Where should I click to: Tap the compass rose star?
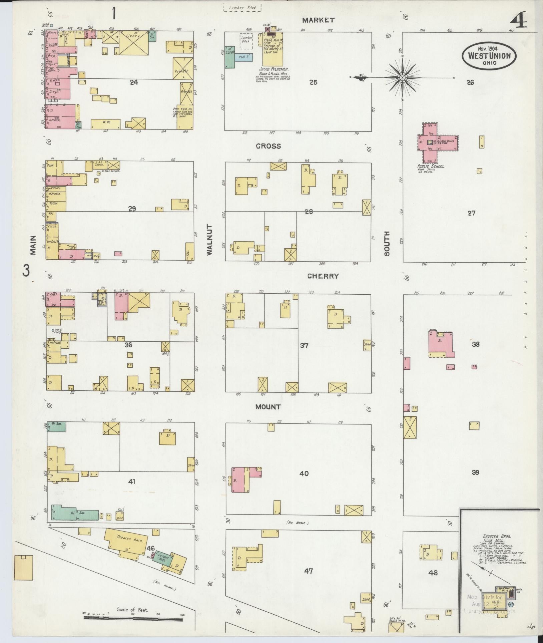click(402, 78)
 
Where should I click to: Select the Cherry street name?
click(323, 276)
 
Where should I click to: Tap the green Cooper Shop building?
click(163, 559)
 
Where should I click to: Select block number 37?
click(304, 345)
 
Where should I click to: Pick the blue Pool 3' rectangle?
click(244, 57)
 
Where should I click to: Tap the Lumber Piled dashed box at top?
click(242, 7)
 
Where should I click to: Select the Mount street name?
click(268, 407)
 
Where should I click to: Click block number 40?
click(304, 473)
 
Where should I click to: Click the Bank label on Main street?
click(51, 165)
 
